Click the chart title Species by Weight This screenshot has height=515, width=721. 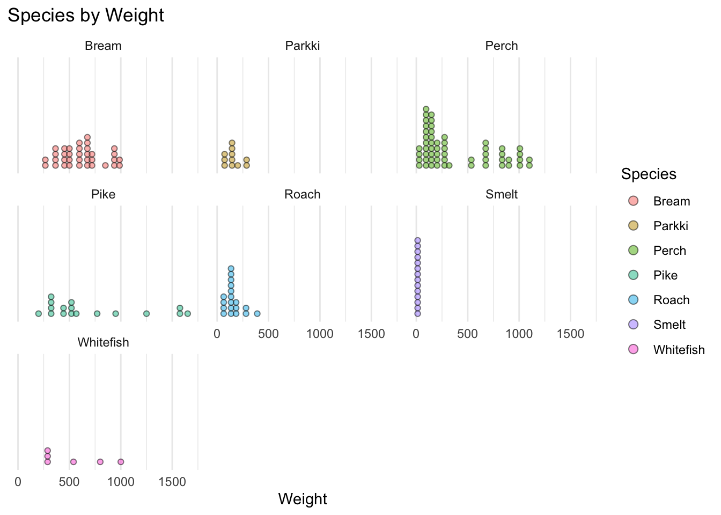pos(86,16)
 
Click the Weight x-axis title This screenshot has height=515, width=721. pos(302,499)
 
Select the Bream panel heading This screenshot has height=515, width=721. pos(103,46)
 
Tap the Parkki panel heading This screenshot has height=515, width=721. pos(302,46)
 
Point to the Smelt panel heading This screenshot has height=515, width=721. pos(501,194)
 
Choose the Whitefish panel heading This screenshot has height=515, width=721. pos(103,343)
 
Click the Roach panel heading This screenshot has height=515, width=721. pos(302,194)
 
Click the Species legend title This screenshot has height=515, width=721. pos(648,174)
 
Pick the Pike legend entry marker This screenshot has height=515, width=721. pos(633,275)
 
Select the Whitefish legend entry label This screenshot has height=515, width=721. pos(679,350)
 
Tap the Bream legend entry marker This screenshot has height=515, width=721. pos(633,201)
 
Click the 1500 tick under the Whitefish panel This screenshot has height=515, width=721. pos(172,482)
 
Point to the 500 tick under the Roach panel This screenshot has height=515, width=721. pos(268,334)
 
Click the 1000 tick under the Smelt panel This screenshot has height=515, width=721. pos(519,334)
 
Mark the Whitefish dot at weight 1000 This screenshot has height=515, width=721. pos(121,462)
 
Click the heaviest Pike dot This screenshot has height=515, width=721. pos(187,313)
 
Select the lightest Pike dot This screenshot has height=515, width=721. pos(38,313)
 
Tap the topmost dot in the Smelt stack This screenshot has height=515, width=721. pos(417,240)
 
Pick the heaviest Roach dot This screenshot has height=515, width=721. pos(257,313)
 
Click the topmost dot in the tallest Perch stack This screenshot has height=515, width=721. pos(426,109)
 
